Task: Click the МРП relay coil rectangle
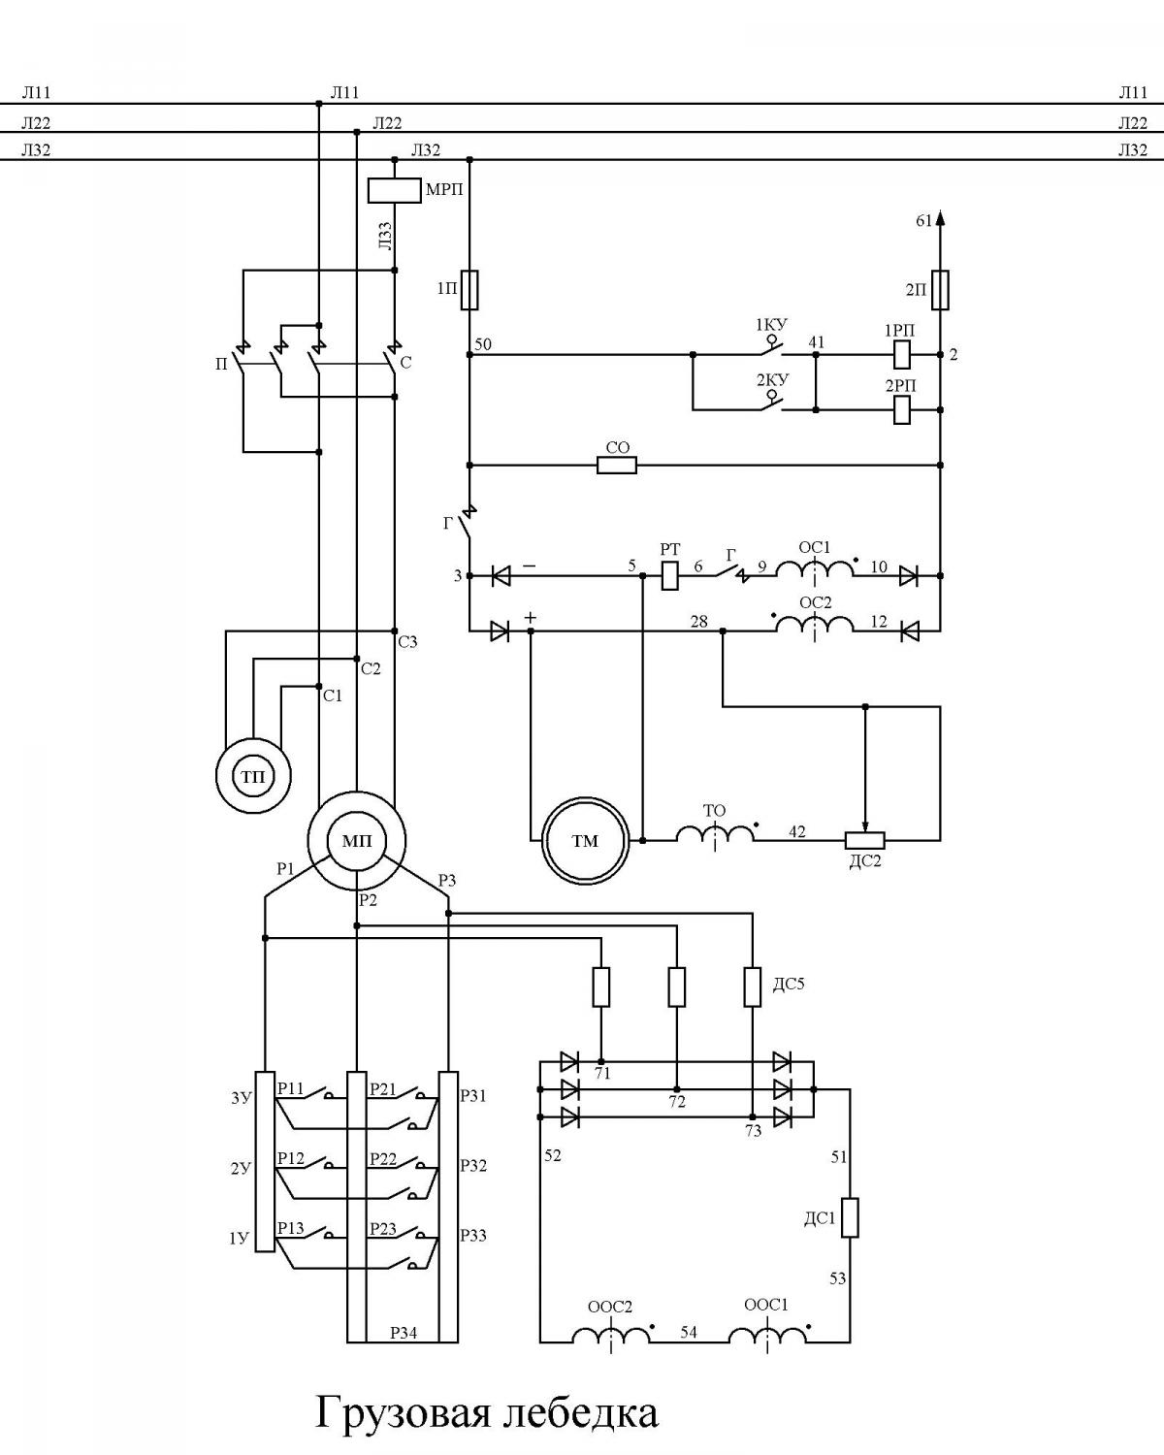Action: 395,191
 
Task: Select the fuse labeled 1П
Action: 470,290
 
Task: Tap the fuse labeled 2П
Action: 940,290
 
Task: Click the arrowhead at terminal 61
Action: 940,218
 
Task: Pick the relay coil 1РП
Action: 901,354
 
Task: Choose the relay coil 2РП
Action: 901,409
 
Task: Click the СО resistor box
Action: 617,466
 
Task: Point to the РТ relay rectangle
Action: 669,575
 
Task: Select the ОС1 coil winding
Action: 815,570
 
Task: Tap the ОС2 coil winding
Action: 815,625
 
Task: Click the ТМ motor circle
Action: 586,840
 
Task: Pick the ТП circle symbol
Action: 253,776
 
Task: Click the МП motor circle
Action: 357,840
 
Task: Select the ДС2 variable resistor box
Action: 865,840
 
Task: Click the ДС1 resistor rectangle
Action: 850,1217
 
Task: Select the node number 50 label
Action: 483,344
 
